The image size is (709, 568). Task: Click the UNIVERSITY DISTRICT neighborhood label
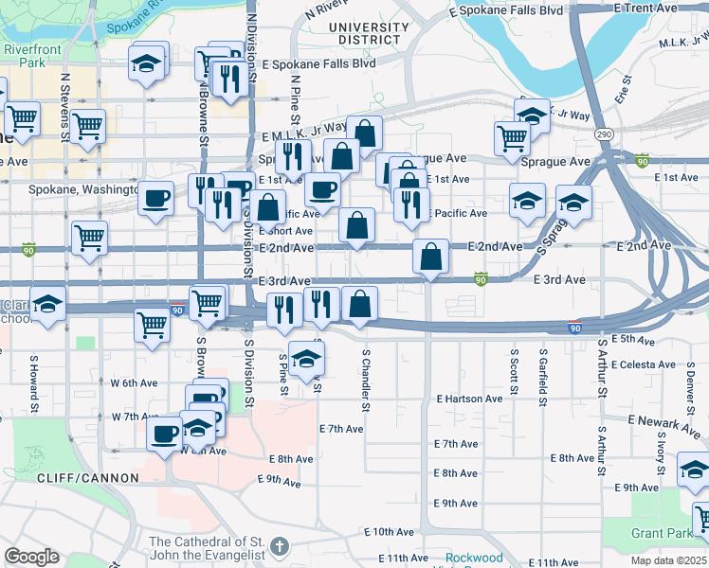(365, 33)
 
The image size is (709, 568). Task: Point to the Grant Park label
(662, 533)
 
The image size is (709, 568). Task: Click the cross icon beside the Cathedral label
(279, 546)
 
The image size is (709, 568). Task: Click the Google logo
(31, 556)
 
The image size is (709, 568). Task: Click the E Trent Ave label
(645, 8)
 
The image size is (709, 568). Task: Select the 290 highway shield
(604, 135)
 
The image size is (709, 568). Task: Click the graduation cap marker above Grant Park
(694, 469)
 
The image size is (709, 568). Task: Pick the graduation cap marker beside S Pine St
(306, 358)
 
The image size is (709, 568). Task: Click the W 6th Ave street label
(134, 382)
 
